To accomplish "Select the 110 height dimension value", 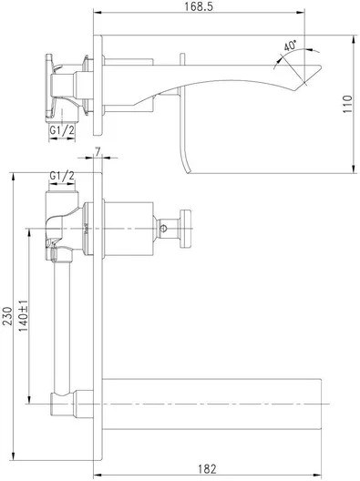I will pyautogui.click(x=345, y=106).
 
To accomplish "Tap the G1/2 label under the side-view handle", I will pyautogui.click(x=62, y=131).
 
